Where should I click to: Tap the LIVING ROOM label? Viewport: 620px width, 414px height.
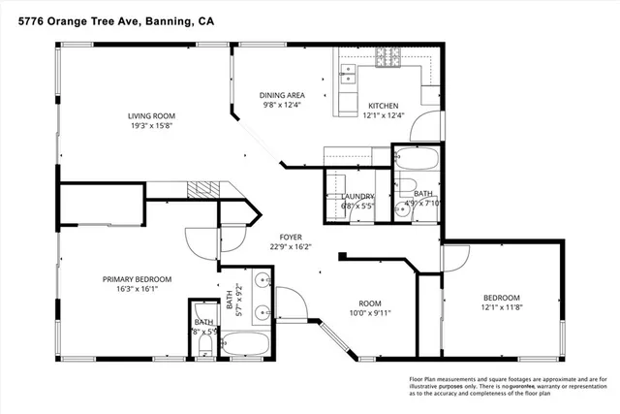coord(158,115)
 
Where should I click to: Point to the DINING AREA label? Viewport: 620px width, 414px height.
coord(282,95)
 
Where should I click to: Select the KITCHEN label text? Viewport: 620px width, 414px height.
coord(383,105)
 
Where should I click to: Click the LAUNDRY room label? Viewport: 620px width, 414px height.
coord(357,197)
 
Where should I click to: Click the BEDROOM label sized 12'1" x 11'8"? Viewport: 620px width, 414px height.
coord(502,297)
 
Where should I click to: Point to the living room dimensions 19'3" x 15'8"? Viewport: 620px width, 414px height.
coord(158,126)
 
